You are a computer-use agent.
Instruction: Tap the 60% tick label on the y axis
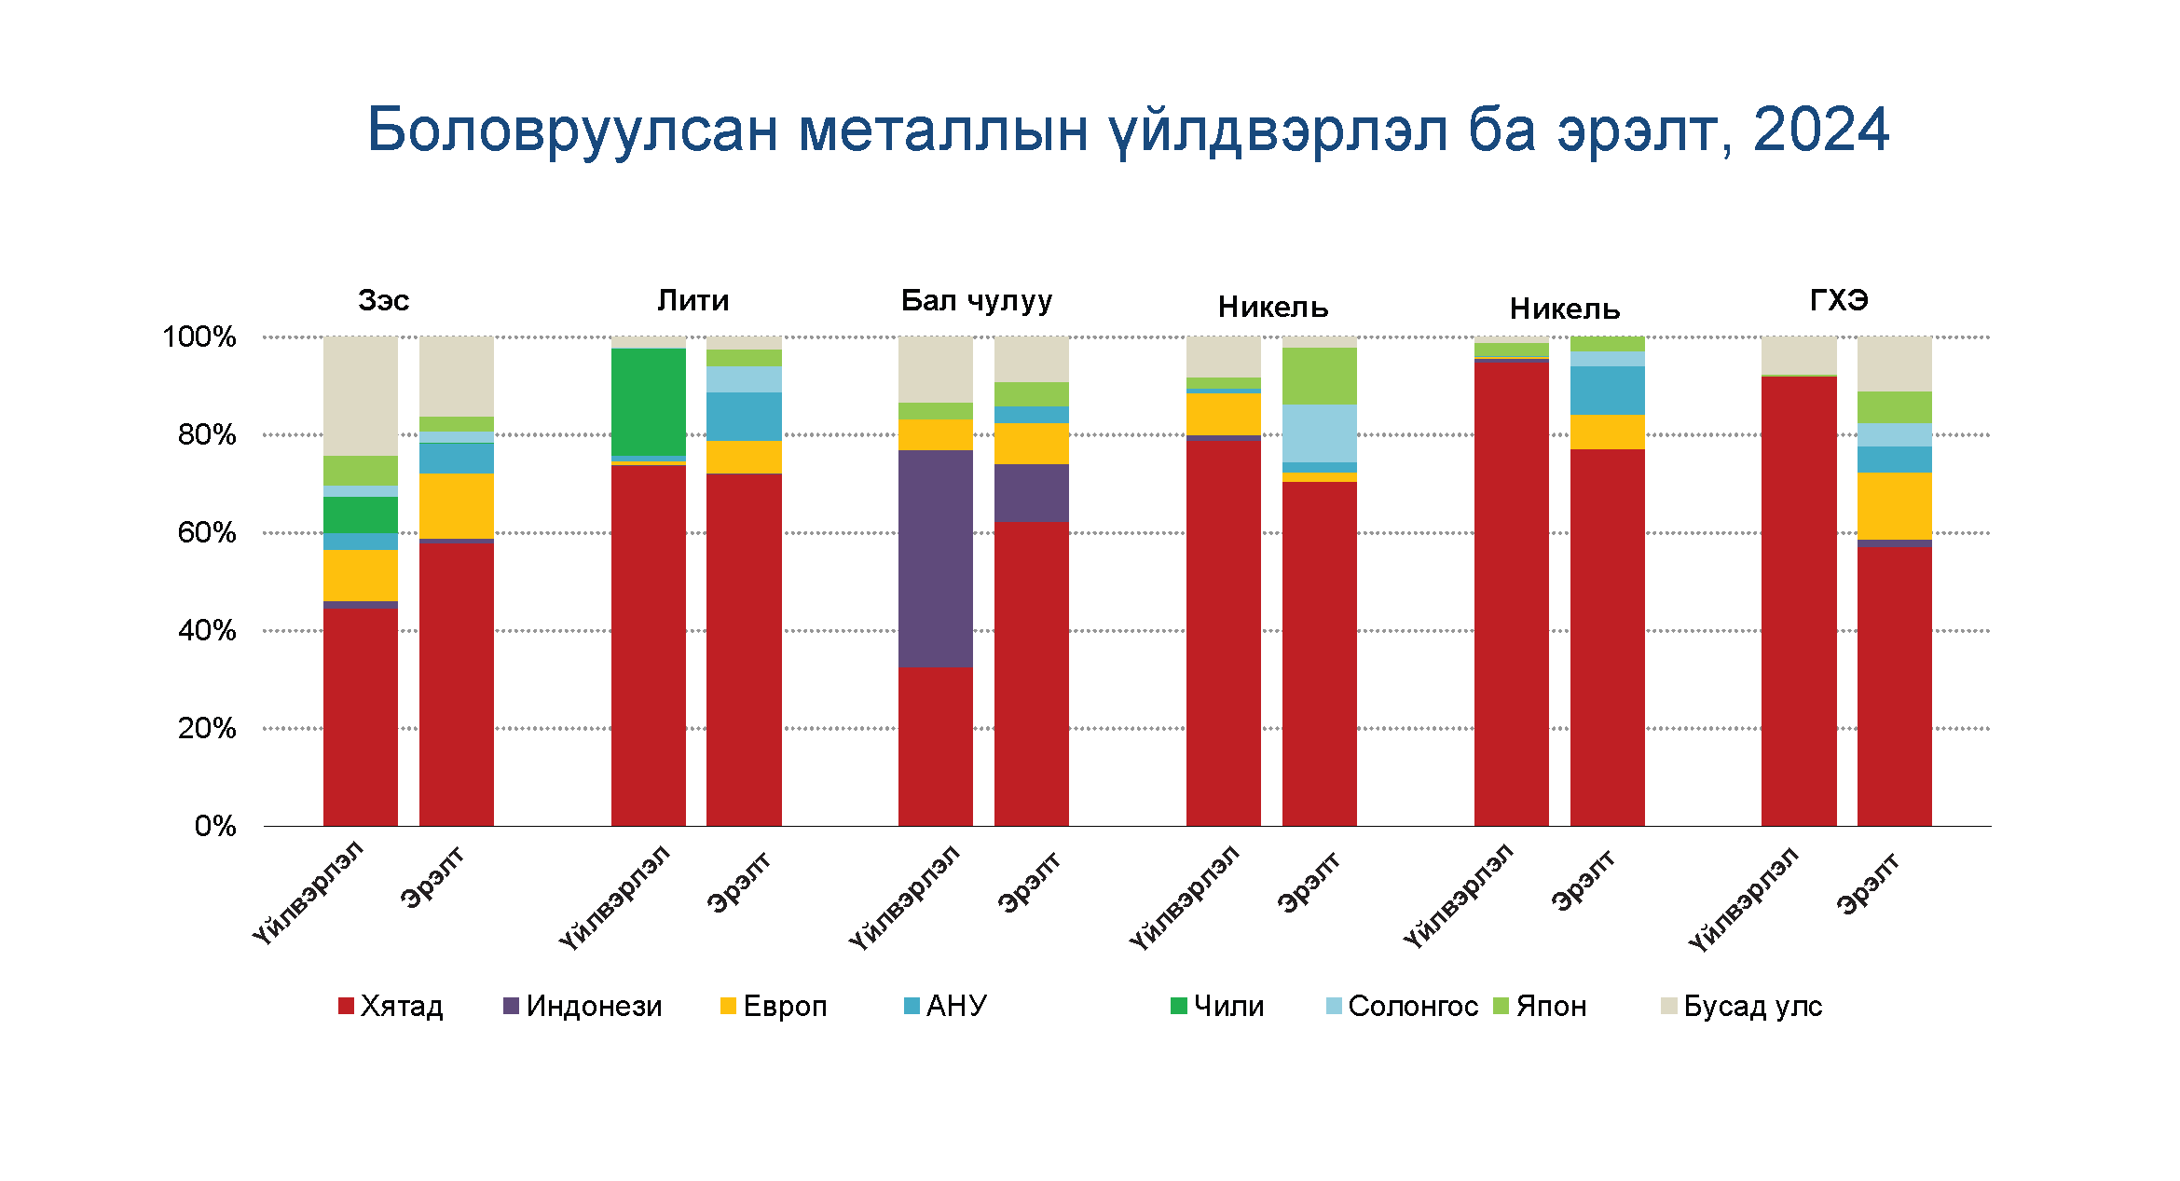coord(206,533)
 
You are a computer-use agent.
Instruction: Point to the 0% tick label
coord(215,826)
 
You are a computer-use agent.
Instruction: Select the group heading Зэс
coord(383,300)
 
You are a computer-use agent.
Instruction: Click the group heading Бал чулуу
coord(976,300)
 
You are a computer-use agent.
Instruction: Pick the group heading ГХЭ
coord(1838,300)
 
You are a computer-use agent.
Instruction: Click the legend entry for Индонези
coord(583,1006)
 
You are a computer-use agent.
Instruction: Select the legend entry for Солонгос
coord(1402,1006)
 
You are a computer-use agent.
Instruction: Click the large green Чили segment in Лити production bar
coord(648,402)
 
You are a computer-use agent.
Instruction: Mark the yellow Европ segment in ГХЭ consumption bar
coord(1894,505)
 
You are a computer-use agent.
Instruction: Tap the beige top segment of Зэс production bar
coord(360,395)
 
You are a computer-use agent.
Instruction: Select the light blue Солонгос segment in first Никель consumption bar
coord(1319,433)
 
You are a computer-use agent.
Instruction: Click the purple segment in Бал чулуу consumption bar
coord(1031,492)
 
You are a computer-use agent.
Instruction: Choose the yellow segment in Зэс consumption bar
coord(456,505)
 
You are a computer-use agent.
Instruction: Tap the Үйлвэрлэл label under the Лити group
coord(615,897)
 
